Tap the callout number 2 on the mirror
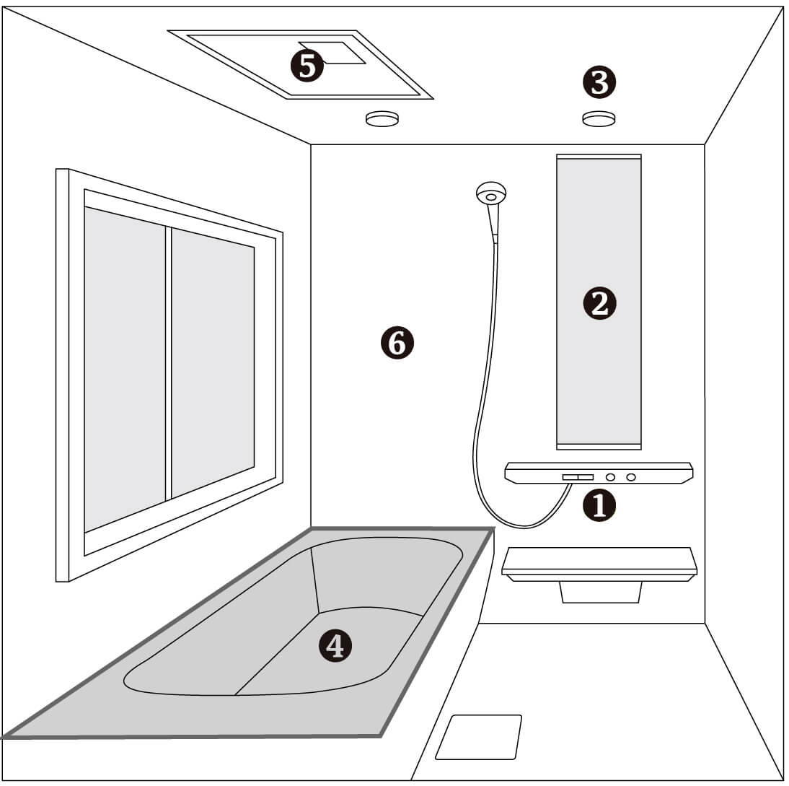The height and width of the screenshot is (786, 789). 599,304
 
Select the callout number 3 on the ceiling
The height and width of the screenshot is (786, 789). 599,82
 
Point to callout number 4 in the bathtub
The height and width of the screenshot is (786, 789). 335,645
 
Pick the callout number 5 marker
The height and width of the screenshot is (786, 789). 307,66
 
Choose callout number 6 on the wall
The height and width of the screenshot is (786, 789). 397,344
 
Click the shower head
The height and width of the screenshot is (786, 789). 490,193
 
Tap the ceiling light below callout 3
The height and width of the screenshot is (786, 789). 599,118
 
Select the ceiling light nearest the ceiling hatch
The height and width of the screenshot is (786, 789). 382,118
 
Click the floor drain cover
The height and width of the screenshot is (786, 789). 479,737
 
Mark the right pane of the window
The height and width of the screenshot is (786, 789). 213,362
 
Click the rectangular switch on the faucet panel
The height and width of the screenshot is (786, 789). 578,477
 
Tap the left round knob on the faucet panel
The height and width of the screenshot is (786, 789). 610,477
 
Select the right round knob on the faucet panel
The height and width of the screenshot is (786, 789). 630,477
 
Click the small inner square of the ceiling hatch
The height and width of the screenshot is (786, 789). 332,53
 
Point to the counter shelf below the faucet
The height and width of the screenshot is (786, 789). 599,564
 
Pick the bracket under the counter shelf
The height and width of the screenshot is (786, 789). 600,592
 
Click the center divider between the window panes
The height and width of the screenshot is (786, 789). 169,364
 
